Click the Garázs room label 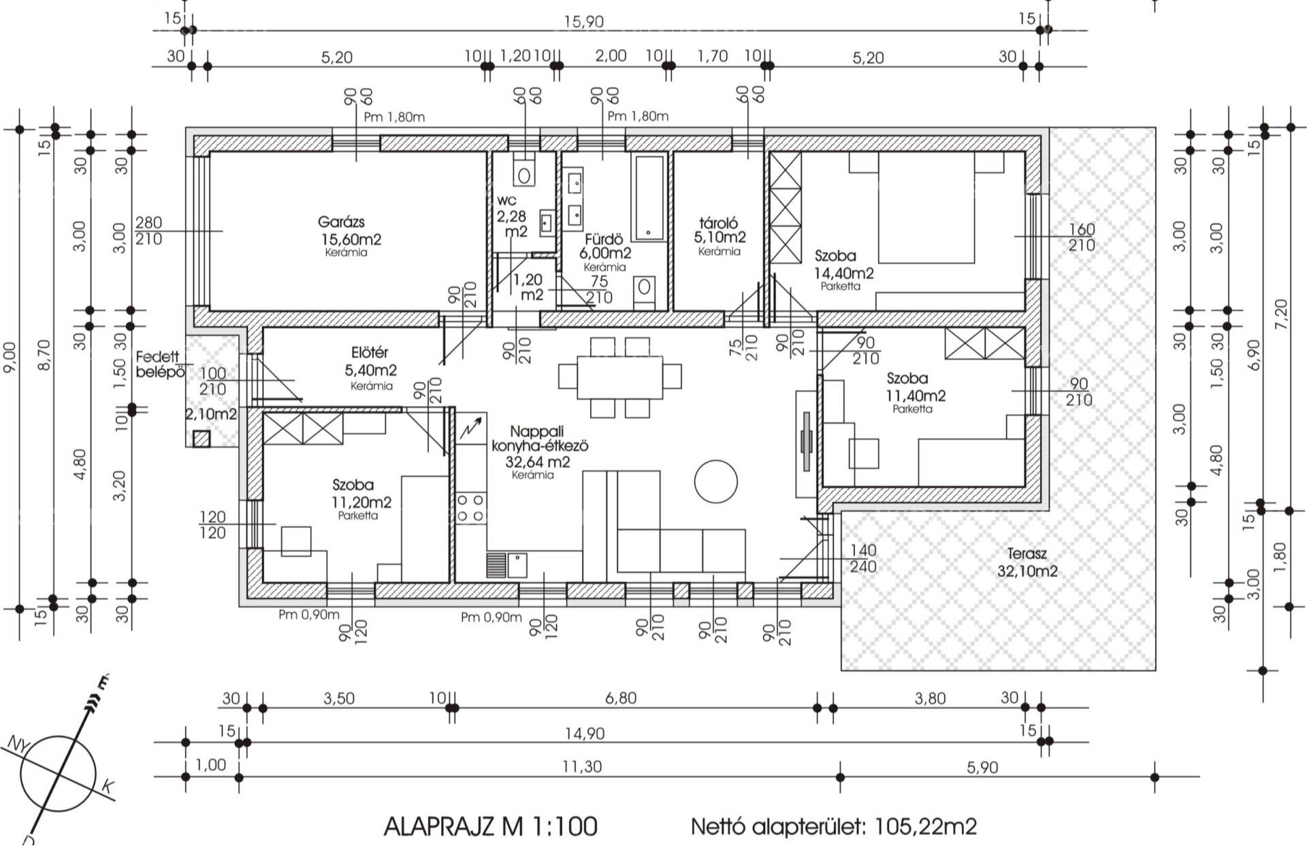341,222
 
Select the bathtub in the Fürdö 649,198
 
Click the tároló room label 718,223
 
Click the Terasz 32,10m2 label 1027,563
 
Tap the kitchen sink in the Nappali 517,565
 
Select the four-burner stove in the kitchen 470,508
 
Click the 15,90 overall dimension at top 583,22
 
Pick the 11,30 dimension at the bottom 582,767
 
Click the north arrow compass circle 58,774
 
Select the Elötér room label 370,353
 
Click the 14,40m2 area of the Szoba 844,273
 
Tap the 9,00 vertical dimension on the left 10,361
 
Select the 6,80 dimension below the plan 621,698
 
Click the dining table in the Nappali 619,378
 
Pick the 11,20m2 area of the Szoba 361,502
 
